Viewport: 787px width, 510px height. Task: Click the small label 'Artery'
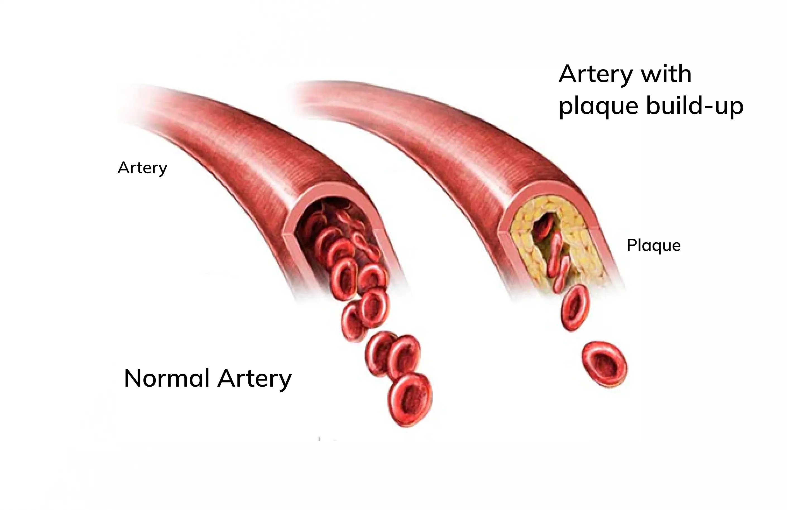click(x=143, y=168)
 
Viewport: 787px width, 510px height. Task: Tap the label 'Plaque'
click(x=653, y=245)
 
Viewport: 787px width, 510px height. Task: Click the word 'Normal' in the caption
click(x=167, y=378)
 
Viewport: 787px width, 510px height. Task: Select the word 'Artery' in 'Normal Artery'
click(x=255, y=379)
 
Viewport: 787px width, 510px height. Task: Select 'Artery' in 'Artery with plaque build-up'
click(x=596, y=75)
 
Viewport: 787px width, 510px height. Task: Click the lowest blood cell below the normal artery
click(x=410, y=400)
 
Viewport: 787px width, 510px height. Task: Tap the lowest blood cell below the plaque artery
click(x=604, y=364)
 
